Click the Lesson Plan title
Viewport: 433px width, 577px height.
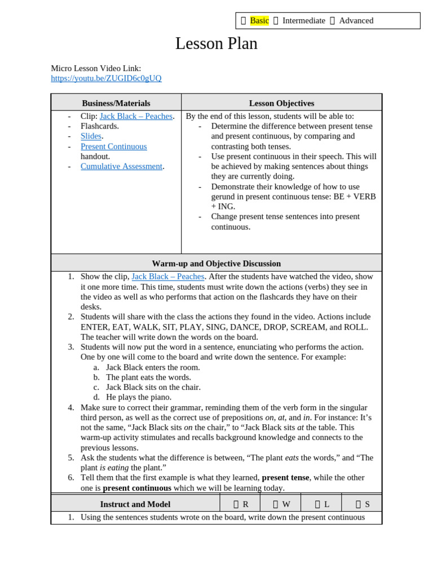(x=216, y=44)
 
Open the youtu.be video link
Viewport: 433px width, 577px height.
(x=106, y=78)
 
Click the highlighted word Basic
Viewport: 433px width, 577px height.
(x=259, y=21)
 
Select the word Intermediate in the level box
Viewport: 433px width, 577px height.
(x=303, y=21)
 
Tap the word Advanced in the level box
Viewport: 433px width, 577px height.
(x=356, y=21)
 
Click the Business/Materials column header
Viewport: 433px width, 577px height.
(x=116, y=103)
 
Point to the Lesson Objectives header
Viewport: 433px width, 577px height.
(x=281, y=103)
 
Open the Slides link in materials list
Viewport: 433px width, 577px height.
(x=91, y=136)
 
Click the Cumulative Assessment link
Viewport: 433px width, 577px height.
(x=121, y=166)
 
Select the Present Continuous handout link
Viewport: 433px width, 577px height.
(x=113, y=147)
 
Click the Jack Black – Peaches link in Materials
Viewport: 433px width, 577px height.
(x=136, y=116)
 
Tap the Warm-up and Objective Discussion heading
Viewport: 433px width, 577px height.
(x=216, y=263)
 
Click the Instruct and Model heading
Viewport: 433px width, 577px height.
(x=135, y=504)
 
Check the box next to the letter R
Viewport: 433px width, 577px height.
(x=236, y=504)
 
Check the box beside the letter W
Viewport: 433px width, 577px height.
(x=276, y=504)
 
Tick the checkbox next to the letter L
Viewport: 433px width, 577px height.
(x=317, y=504)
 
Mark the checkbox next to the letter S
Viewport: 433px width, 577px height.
(x=358, y=504)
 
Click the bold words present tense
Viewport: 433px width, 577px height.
(x=285, y=478)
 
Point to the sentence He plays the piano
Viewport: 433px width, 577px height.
(x=139, y=397)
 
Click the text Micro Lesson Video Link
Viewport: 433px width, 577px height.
(x=96, y=68)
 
